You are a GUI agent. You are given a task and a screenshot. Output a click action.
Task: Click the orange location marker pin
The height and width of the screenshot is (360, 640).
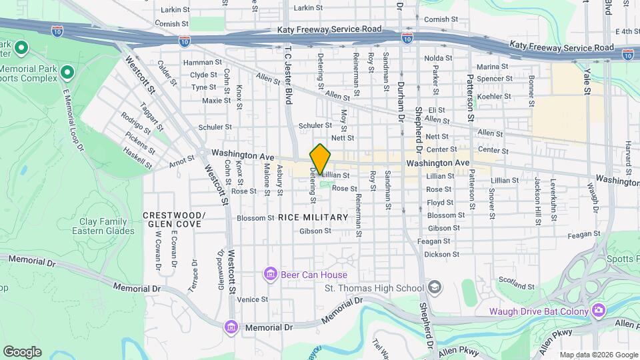(321, 159)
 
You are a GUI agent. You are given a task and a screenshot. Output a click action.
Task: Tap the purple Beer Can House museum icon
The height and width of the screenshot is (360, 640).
(271, 275)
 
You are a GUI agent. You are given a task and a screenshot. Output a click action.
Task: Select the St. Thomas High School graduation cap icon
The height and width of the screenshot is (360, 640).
(435, 287)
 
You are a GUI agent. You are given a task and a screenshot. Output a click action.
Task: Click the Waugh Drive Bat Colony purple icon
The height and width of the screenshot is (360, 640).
(598, 311)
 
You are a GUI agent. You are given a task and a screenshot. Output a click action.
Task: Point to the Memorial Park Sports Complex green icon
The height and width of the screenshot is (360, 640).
(67, 71)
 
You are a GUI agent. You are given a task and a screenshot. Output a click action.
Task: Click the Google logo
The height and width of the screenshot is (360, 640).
(22, 352)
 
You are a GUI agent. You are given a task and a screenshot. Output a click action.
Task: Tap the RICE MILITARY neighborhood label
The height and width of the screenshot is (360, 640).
(313, 217)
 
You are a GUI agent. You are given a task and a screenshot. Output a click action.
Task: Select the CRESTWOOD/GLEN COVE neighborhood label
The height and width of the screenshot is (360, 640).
(173, 219)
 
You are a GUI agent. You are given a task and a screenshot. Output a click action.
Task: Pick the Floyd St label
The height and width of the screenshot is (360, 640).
(440, 202)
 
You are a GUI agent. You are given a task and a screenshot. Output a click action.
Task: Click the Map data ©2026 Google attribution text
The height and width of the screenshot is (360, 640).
(598, 355)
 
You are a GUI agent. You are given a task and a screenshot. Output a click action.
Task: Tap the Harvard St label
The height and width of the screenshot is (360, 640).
(628, 154)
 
